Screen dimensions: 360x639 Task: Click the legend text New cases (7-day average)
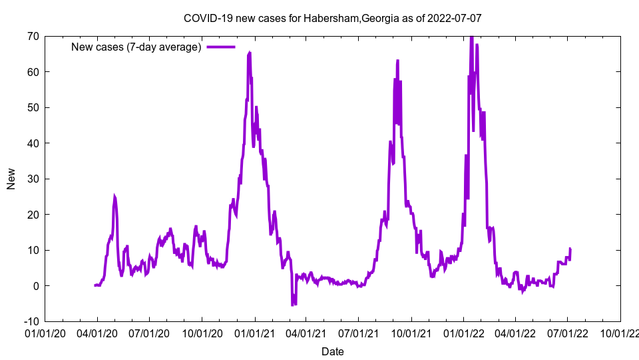(x=136, y=47)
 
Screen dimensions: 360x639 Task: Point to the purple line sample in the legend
(x=221, y=47)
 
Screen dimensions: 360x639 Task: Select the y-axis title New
(x=11, y=179)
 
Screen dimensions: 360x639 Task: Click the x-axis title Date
(x=333, y=351)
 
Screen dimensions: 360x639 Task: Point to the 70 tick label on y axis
(x=33, y=36)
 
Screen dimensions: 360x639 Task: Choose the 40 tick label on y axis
(x=33, y=143)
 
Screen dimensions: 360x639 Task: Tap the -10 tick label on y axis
(x=31, y=321)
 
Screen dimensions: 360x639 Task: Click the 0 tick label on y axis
(x=35, y=286)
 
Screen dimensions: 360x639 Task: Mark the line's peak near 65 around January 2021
(x=249, y=52)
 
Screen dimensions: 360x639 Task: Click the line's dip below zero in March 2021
(x=292, y=305)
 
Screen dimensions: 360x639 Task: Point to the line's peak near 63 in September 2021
(x=397, y=61)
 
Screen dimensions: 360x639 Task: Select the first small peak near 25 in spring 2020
(x=114, y=196)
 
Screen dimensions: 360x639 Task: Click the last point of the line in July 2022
(x=570, y=249)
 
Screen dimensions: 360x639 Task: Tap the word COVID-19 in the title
(x=205, y=19)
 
